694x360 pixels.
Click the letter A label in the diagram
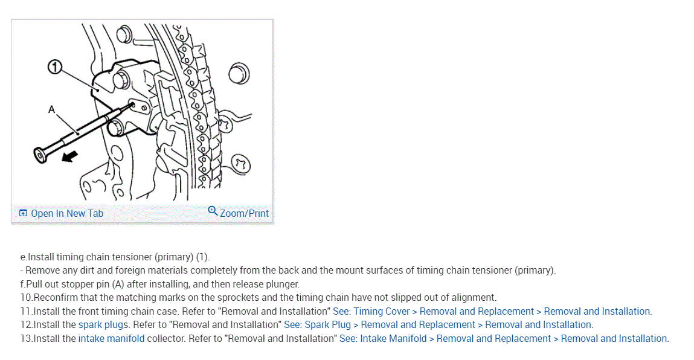click(x=51, y=109)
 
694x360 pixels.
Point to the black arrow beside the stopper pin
click(x=71, y=156)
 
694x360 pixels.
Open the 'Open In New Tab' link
click(x=67, y=213)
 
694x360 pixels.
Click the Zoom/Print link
click(x=244, y=213)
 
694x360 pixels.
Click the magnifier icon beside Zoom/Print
click(x=213, y=211)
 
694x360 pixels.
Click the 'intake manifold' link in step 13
click(x=111, y=338)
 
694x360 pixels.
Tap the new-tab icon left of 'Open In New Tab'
click(x=23, y=213)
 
